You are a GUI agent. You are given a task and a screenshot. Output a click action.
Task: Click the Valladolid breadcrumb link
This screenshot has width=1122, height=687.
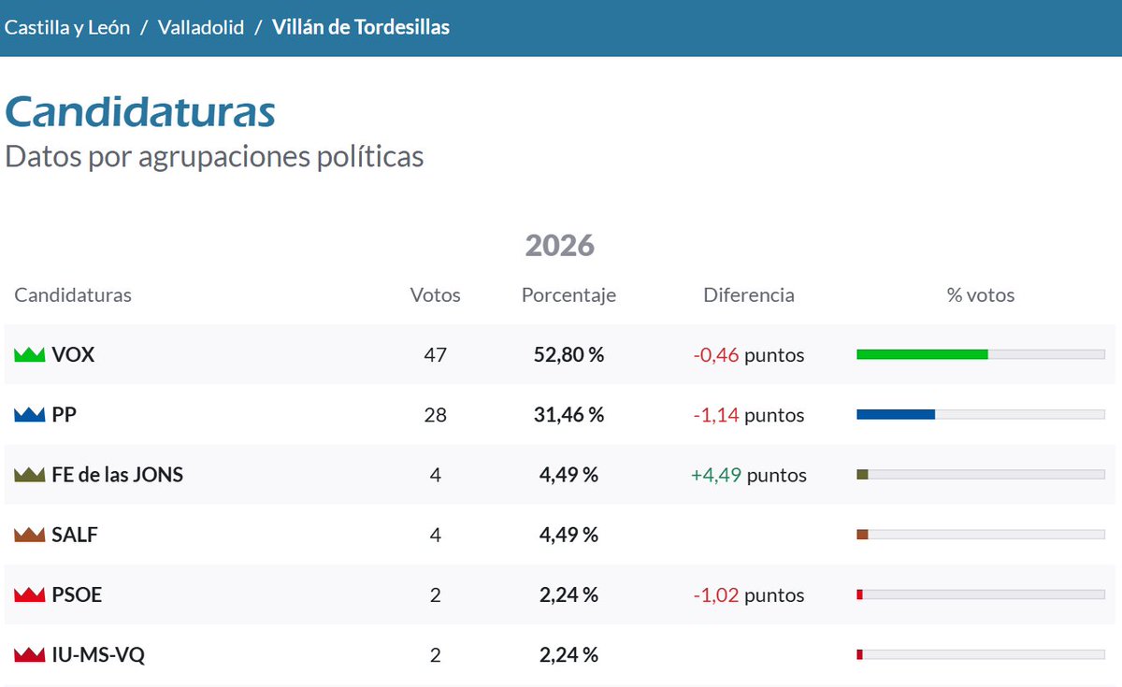201,27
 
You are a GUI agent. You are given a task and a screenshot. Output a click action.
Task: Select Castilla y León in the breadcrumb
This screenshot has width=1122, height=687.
67,27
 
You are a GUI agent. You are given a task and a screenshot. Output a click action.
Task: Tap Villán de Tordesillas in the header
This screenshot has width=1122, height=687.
361,27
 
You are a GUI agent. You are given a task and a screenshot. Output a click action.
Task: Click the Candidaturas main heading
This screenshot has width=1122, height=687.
140,112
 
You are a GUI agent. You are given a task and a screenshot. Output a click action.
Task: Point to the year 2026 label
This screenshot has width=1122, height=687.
559,245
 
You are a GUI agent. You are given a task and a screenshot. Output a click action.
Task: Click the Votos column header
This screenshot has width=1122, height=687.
436,295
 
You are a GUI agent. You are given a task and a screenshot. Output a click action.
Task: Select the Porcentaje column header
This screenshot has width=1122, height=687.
568,295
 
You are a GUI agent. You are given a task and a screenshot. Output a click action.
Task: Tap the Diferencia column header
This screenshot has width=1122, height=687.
748,295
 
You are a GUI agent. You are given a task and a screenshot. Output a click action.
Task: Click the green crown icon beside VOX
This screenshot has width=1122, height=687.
30,355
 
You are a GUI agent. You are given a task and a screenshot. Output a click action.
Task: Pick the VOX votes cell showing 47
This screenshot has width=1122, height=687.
436,355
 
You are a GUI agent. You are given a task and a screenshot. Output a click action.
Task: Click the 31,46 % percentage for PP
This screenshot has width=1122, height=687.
568,415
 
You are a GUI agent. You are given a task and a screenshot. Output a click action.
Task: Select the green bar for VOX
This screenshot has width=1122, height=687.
922,354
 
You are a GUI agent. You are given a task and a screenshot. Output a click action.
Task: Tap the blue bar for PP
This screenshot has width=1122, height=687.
896,414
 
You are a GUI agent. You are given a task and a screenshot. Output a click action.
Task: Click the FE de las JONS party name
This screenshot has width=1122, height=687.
118,475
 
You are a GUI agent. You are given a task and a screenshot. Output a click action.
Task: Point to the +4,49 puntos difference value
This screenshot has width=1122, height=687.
748,475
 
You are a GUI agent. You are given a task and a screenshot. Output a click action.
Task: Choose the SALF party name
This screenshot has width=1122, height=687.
75,535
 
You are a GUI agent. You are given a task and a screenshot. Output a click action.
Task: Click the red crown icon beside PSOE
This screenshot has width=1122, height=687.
30,594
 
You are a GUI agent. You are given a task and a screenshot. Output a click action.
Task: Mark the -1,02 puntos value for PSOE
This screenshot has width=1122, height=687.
748,595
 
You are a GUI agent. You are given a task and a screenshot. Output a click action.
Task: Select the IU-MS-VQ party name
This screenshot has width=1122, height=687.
98,654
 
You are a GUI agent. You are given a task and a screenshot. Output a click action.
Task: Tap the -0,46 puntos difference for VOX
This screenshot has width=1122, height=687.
748,355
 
